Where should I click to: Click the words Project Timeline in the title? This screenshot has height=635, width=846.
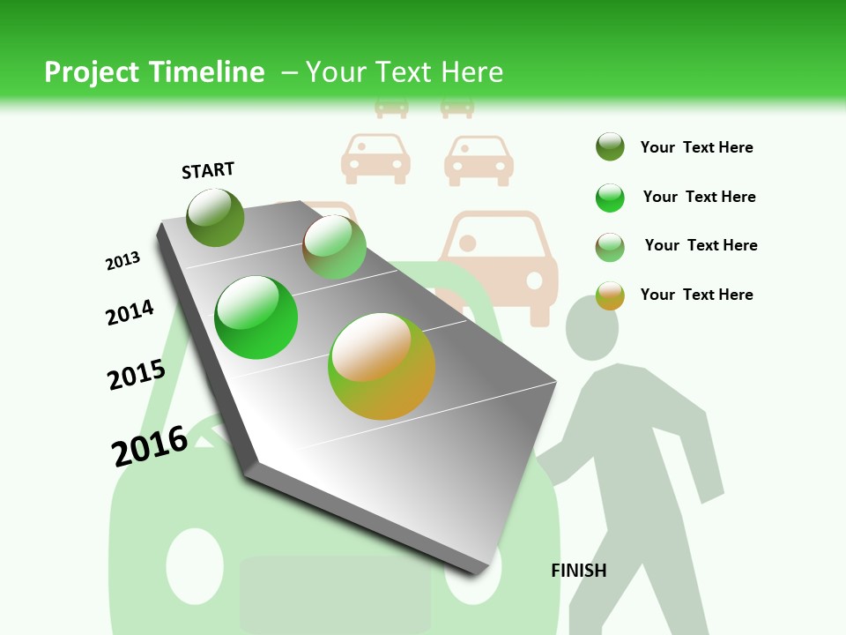(x=154, y=72)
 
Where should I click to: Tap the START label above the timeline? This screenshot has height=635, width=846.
(x=208, y=170)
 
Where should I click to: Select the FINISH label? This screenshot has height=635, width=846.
(x=579, y=571)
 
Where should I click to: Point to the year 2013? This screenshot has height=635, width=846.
(x=122, y=261)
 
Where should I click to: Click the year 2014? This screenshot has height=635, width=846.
(x=130, y=312)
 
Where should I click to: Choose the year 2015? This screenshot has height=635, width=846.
(x=136, y=374)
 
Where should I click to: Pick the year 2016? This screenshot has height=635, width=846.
(x=150, y=445)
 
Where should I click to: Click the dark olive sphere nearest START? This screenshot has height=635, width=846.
(x=215, y=217)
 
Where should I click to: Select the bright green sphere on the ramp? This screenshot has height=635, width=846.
(x=256, y=317)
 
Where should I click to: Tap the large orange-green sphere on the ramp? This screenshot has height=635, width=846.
(x=382, y=366)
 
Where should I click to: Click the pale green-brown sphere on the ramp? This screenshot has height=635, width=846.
(x=334, y=247)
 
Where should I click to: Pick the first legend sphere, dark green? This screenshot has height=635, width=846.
(x=610, y=146)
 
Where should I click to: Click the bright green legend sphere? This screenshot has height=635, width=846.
(x=610, y=198)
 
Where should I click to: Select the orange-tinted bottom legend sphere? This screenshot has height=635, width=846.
(x=610, y=295)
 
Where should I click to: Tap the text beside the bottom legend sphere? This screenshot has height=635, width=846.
(x=696, y=295)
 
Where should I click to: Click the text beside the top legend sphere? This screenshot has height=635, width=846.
(x=696, y=147)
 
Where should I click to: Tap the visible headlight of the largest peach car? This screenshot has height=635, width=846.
(x=534, y=280)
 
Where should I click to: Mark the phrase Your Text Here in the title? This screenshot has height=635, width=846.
(x=404, y=72)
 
